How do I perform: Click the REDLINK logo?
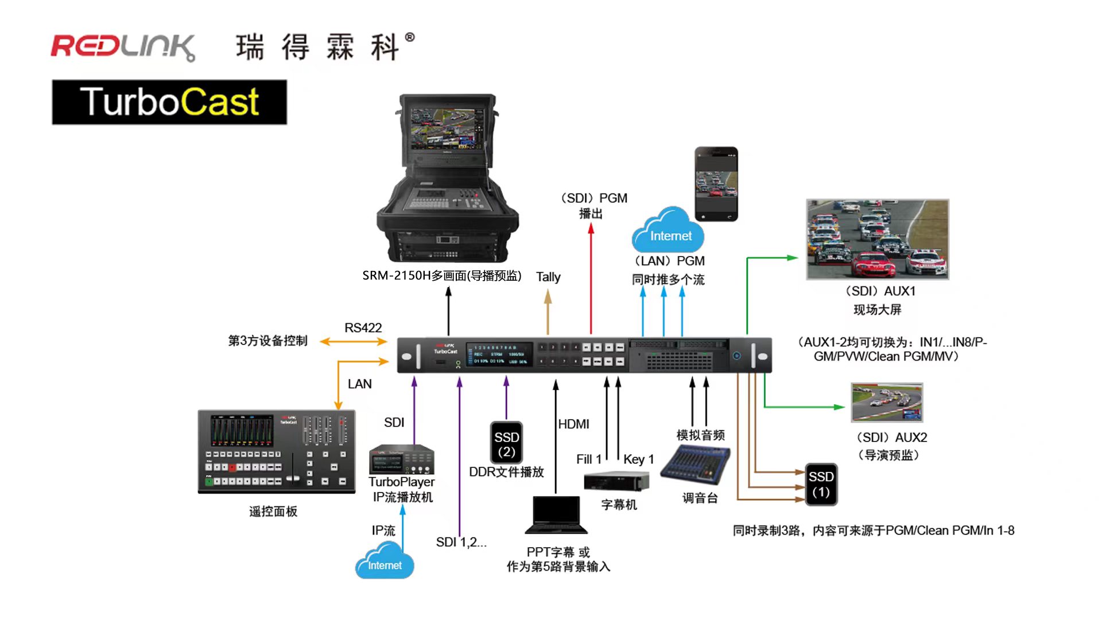click(123, 47)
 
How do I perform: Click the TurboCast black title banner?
click(169, 102)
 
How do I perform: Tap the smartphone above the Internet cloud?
click(716, 184)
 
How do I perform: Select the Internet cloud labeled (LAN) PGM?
click(669, 232)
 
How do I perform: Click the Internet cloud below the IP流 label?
click(385, 562)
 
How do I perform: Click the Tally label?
click(548, 277)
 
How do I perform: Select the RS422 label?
click(363, 328)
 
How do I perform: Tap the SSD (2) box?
click(506, 444)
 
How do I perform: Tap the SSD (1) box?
click(821, 484)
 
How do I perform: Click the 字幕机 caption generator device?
click(616, 481)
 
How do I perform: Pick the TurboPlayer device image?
click(402, 459)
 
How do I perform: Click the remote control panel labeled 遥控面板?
click(276, 452)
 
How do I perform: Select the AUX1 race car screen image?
click(877, 239)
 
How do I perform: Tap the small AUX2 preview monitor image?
click(887, 402)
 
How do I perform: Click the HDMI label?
click(573, 424)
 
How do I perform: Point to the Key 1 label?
click(638, 459)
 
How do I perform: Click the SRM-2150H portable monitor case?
click(447, 178)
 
